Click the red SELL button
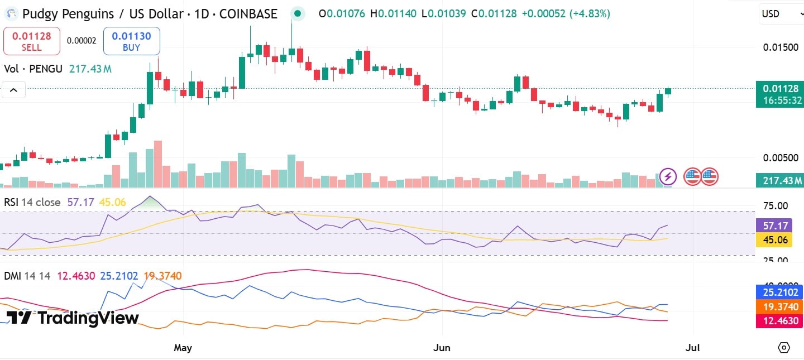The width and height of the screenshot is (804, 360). (x=32, y=41)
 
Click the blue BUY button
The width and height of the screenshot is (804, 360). (x=131, y=41)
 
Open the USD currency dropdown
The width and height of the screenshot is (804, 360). (x=781, y=14)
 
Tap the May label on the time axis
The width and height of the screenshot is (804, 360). (x=183, y=348)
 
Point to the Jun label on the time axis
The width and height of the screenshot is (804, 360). (x=442, y=348)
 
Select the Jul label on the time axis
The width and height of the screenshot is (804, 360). (x=692, y=348)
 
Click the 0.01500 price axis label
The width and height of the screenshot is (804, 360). (x=781, y=47)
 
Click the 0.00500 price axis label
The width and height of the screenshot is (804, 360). (x=781, y=158)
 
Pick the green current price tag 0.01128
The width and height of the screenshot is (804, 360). (x=780, y=88)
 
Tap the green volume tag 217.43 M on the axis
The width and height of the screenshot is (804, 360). (x=780, y=180)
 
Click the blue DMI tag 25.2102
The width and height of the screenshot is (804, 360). (x=780, y=292)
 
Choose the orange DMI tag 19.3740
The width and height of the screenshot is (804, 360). (x=780, y=306)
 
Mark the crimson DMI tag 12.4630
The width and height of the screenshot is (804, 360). (x=780, y=321)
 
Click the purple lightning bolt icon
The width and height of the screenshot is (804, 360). (x=668, y=177)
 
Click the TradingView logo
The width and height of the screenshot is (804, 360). (x=73, y=318)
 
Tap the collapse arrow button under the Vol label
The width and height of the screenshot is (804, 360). (x=13, y=89)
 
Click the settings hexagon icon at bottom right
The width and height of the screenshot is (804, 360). (x=784, y=347)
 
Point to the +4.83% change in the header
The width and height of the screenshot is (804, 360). (x=590, y=14)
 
